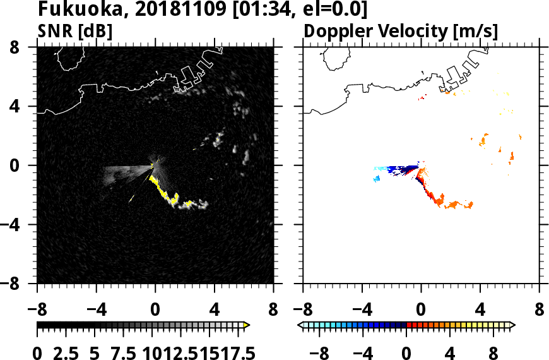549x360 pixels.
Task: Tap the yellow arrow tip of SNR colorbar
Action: pos(247,325)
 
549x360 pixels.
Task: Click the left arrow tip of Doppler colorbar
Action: pos(300,325)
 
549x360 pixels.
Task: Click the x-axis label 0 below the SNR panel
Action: pos(155,311)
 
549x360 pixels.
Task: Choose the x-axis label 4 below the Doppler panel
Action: pos(480,311)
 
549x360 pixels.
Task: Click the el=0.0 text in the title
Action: pos(329,10)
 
